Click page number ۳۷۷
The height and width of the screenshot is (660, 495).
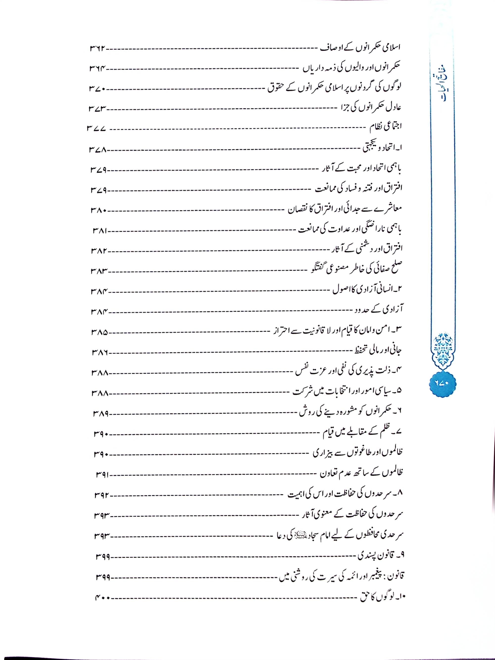[x=97, y=129]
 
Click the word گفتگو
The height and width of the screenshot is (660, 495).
[x=316, y=269]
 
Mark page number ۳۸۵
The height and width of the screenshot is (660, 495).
[x=99, y=333]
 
